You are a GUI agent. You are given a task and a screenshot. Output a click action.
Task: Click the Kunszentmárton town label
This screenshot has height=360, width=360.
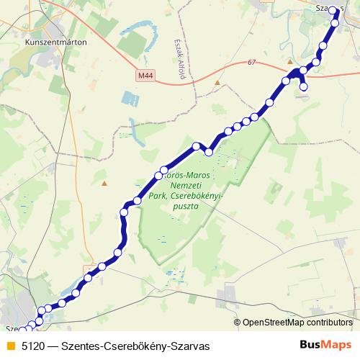click(x=55, y=42)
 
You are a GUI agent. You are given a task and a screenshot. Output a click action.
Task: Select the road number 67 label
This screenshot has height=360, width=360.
click(x=251, y=63)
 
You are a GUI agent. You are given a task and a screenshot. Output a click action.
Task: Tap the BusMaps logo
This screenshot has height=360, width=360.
click(x=326, y=346)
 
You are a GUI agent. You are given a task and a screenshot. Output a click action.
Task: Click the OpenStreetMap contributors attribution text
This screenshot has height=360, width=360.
click(x=297, y=322)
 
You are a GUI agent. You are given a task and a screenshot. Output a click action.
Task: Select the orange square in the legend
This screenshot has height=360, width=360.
click(x=10, y=346)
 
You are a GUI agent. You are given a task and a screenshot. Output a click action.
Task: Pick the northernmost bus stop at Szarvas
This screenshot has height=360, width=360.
click(x=333, y=10)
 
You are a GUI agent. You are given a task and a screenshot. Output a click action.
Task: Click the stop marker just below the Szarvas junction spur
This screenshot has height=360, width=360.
click(x=304, y=87)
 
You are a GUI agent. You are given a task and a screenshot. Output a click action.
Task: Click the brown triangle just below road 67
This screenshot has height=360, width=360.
click(x=217, y=83)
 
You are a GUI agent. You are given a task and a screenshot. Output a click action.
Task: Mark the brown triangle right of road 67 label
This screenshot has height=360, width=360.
click(x=289, y=62)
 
